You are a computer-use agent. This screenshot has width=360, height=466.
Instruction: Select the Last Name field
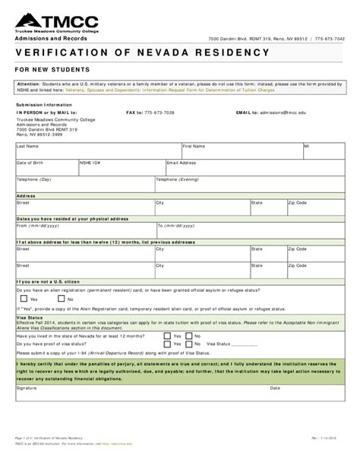click(97, 150)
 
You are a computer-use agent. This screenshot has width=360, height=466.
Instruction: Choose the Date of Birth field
click(46, 167)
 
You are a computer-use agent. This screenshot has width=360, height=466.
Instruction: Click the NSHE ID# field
click(121, 167)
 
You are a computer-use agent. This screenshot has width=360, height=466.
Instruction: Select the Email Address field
click(251, 167)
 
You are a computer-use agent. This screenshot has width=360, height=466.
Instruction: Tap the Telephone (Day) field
click(84, 185)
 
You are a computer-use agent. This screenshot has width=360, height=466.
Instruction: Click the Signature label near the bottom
click(27, 387)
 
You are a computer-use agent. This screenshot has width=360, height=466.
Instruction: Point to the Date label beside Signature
click(276, 387)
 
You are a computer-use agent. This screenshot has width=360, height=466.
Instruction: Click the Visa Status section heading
click(29, 319)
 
